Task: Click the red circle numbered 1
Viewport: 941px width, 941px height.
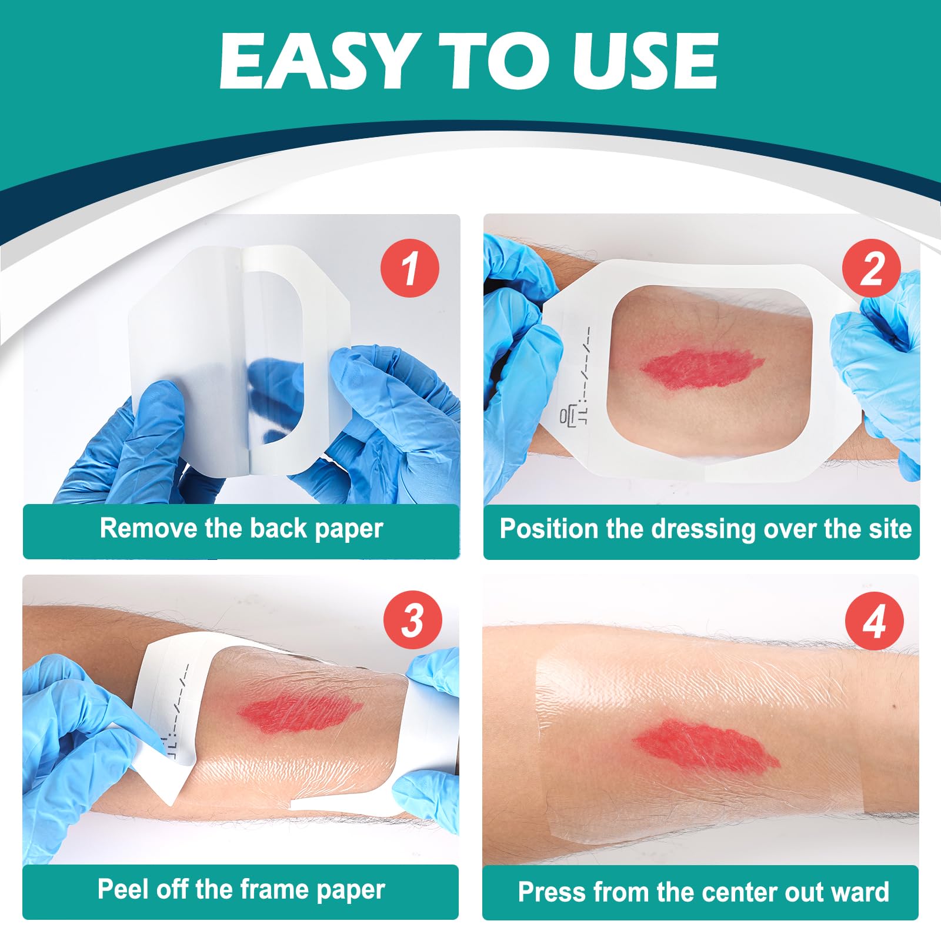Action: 410,268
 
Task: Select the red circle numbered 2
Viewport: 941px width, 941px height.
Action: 871,269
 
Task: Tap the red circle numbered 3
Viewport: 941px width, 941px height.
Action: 412,620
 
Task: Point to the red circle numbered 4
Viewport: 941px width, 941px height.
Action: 874,621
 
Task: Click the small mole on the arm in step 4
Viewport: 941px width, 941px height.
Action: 894,706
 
